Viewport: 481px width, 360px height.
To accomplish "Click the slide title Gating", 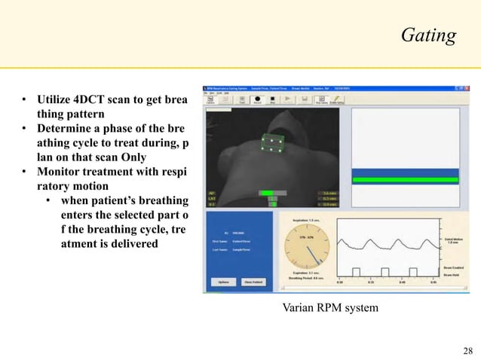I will (x=428, y=35).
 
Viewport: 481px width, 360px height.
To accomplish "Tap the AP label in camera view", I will (x=212, y=193).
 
